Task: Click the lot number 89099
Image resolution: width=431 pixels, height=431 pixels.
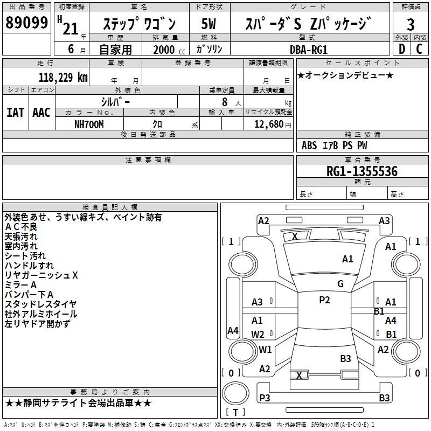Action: [26, 23]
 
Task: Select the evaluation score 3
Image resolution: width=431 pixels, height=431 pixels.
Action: [411, 24]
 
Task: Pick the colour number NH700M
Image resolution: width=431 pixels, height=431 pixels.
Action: [89, 124]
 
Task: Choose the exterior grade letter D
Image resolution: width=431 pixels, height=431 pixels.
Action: [401, 49]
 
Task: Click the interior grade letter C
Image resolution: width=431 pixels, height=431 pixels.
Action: [419, 49]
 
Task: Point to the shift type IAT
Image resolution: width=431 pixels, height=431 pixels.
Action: [15, 113]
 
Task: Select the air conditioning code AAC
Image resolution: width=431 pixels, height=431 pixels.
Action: [41, 113]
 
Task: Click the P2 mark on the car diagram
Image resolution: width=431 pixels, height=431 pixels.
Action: [324, 300]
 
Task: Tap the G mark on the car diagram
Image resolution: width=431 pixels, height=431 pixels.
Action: [340, 284]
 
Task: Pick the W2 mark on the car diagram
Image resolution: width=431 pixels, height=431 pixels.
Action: [258, 334]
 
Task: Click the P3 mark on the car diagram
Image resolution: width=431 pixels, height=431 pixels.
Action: [265, 398]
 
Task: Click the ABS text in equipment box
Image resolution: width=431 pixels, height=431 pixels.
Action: [309, 145]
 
